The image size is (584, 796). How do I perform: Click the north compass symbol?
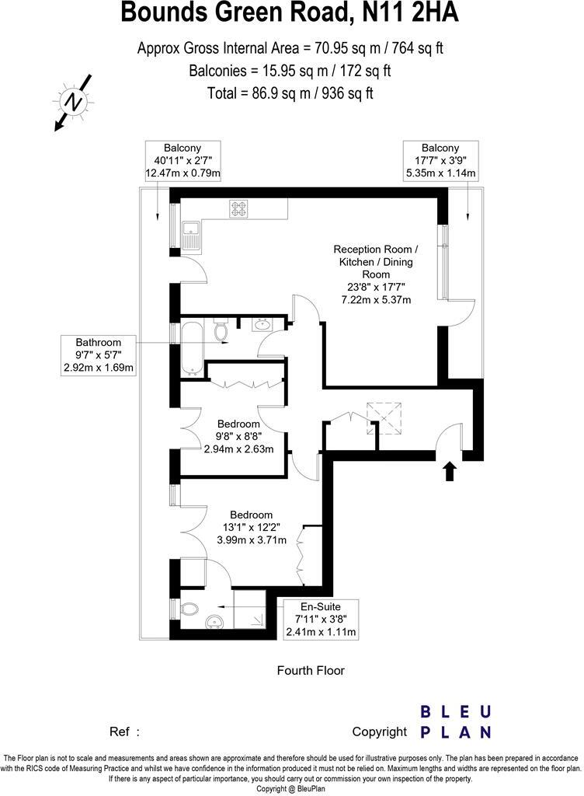pyautogui.click(x=73, y=102)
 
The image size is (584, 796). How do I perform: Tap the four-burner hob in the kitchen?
pyautogui.click(x=238, y=208)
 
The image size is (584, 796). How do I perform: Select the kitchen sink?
pyautogui.click(x=190, y=232)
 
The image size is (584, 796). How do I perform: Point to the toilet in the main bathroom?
pyautogui.click(x=221, y=332)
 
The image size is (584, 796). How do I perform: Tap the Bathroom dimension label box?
pyautogui.click(x=99, y=355)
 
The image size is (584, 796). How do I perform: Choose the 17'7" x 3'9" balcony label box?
pyautogui.click(x=440, y=160)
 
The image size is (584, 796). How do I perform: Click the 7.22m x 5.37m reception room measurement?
pyautogui.click(x=375, y=299)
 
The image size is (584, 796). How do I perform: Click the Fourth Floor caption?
pyautogui.click(x=311, y=670)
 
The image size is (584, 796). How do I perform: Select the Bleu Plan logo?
pyautogui.click(x=455, y=721)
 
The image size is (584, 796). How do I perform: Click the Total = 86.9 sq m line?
pyautogui.click(x=290, y=93)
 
